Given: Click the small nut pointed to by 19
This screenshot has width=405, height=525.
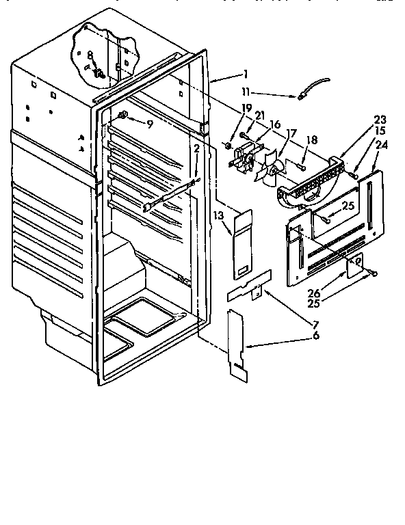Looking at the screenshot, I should (226, 146).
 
